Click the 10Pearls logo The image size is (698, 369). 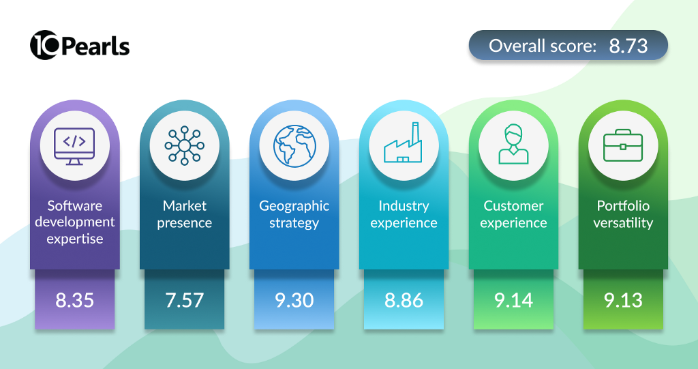[x=80, y=46]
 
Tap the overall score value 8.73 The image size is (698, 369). [x=628, y=46]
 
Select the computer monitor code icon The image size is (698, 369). [x=74, y=146]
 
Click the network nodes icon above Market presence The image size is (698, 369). [x=184, y=146]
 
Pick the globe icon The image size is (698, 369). [x=294, y=146]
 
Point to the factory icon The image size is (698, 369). [x=404, y=142]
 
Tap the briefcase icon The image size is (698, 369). [x=623, y=145]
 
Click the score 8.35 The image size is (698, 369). [x=75, y=300]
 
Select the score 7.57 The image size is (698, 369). [x=184, y=300]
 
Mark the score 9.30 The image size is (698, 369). [x=294, y=300]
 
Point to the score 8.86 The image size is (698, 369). [x=404, y=300]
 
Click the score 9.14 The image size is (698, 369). [x=514, y=300]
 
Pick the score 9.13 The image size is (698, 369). [x=623, y=300]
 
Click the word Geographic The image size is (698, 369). [x=294, y=207]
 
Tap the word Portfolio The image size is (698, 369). [x=623, y=205]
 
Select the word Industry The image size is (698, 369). [x=404, y=207]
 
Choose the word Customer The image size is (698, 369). [x=514, y=205]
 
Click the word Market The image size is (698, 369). [x=184, y=205]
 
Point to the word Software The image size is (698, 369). [x=75, y=205]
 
